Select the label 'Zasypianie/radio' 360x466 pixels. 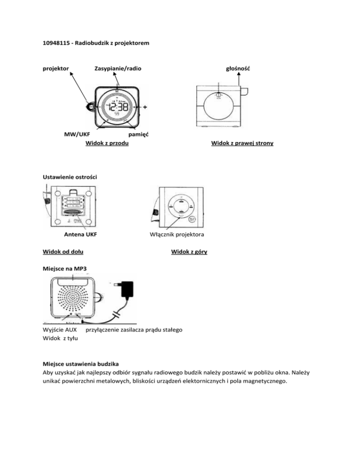point(118,69)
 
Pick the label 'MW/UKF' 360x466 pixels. point(77,135)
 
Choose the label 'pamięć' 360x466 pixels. point(139,135)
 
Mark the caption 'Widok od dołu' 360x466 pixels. point(63,252)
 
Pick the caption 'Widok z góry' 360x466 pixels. point(189,252)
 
